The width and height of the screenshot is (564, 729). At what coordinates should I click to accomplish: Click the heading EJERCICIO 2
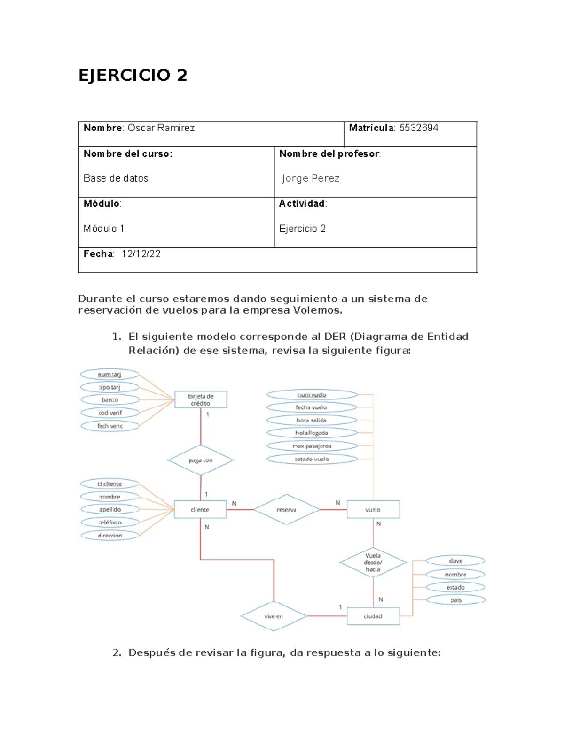133,75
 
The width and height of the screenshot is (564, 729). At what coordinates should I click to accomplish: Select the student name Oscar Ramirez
161,128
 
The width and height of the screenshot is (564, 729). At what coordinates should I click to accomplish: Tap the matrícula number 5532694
418,128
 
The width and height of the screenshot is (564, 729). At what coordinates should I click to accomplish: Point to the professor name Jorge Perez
311,178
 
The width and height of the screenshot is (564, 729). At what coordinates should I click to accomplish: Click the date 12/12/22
141,254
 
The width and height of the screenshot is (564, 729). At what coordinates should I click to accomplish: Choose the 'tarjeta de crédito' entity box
201,400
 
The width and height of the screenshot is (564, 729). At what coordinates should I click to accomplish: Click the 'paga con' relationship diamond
201,460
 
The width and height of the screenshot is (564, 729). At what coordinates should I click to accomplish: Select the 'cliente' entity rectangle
200,510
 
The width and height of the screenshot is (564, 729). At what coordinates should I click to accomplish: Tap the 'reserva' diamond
286,510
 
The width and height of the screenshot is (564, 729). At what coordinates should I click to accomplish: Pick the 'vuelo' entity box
373,510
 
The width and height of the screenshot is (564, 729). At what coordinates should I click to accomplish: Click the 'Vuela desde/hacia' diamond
373,562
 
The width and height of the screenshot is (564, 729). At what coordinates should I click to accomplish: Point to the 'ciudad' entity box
373,616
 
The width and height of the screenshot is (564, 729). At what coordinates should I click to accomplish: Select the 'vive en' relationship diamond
273,616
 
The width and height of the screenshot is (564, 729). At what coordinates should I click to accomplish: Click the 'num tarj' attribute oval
110,375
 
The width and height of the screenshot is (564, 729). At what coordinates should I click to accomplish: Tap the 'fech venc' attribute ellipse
110,426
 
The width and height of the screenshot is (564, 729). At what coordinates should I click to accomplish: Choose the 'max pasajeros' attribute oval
312,446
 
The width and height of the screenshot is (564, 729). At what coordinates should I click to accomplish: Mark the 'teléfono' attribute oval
110,522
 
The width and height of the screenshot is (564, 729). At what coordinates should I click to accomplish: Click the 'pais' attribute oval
456,600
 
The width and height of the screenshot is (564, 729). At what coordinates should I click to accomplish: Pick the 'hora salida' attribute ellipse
311,420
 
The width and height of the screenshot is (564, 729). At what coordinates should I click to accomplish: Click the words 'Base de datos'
116,178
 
